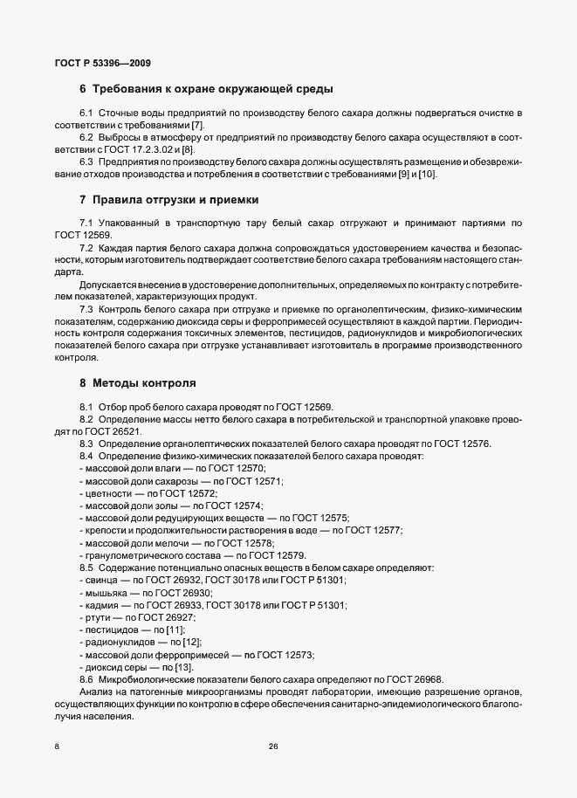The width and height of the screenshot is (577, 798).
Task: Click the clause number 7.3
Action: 87,309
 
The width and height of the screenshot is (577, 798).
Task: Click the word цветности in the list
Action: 106,493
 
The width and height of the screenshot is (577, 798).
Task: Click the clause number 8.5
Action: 87,568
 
